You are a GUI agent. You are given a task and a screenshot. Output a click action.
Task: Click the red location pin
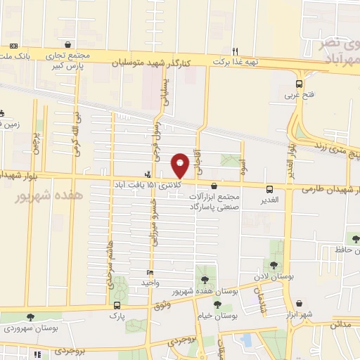coord(181,165)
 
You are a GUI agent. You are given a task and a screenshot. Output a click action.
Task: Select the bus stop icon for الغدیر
coord(270,188)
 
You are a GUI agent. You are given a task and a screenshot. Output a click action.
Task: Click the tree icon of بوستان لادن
coord(274,264)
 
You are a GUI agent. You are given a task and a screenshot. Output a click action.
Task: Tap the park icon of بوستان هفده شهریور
coord(205,279)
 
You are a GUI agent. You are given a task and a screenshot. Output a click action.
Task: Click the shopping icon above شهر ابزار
coord(300,303)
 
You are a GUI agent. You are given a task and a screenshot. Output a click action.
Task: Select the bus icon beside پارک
coord(117,306)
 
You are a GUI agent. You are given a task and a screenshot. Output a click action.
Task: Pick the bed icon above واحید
coord(150,271)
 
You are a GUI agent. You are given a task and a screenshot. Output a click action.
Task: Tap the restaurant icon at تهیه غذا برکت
coord(236,51)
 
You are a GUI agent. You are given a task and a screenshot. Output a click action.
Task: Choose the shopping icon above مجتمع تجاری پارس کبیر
coord(67,44)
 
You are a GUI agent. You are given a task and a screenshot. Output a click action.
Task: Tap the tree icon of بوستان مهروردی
coord(30,317)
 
